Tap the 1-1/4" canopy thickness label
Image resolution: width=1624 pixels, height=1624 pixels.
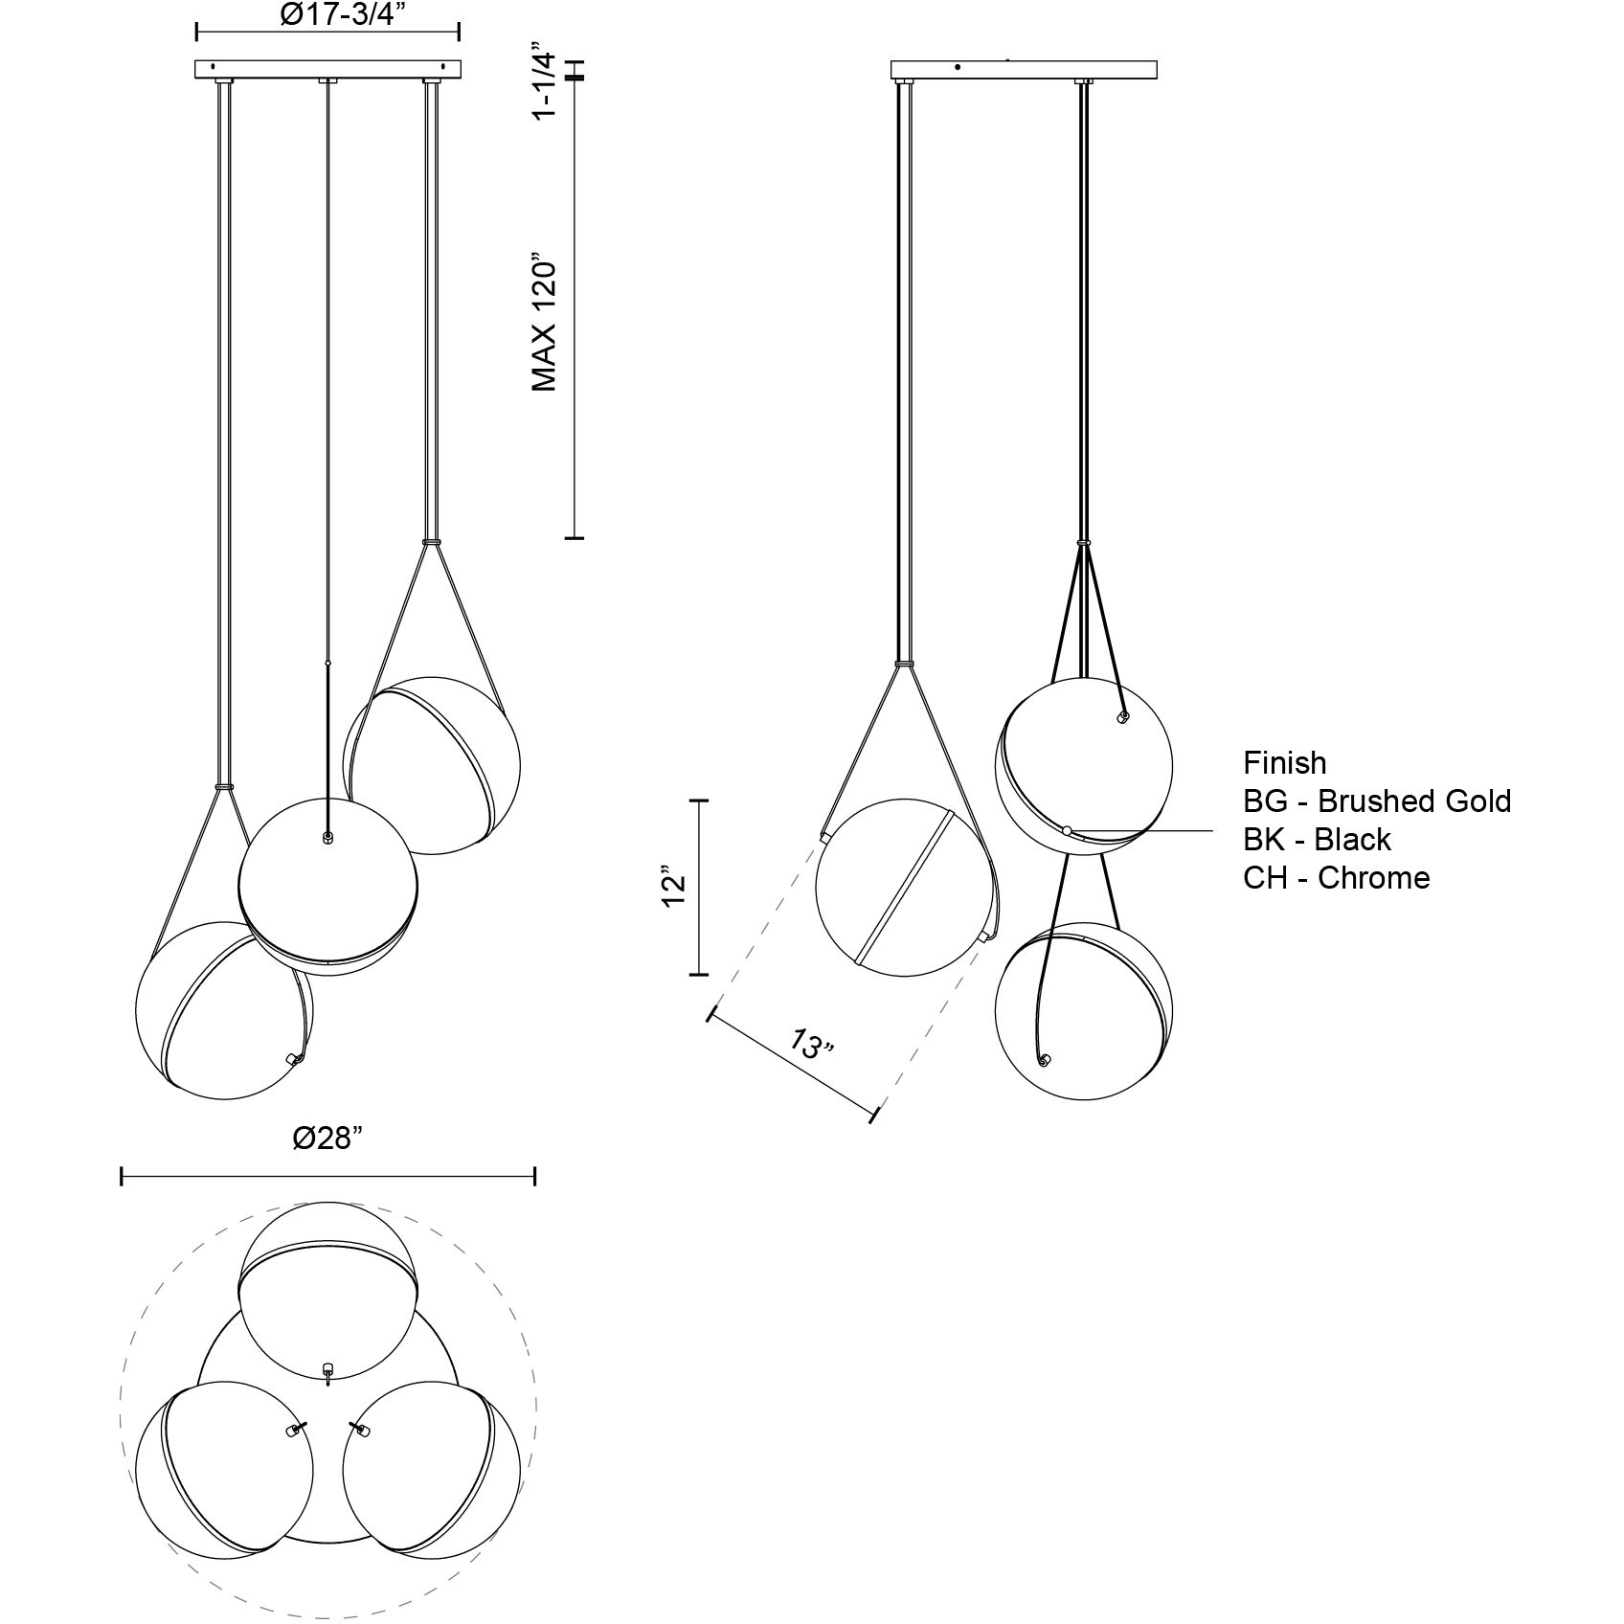(544, 80)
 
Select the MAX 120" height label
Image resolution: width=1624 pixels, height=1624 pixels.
(544, 323)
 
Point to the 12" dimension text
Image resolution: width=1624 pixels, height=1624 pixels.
(675, 888)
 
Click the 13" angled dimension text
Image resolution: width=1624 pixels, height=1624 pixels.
(812, 1044)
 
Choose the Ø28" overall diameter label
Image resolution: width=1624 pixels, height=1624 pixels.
(327, 1139)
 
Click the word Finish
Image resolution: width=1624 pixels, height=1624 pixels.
(1285, 763)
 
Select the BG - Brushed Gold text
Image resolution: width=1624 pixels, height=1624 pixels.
(1377, 801)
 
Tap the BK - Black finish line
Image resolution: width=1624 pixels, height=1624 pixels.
(1317, 840)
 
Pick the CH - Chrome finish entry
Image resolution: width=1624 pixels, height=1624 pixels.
(1337, 878)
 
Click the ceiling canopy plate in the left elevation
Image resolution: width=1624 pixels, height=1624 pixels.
(327, 70)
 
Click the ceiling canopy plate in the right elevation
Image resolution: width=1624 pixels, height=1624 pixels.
(1024, 70)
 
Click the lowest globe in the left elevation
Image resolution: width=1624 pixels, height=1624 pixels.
(224, 1010)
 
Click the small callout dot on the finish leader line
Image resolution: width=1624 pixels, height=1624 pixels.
(1068, 830)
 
